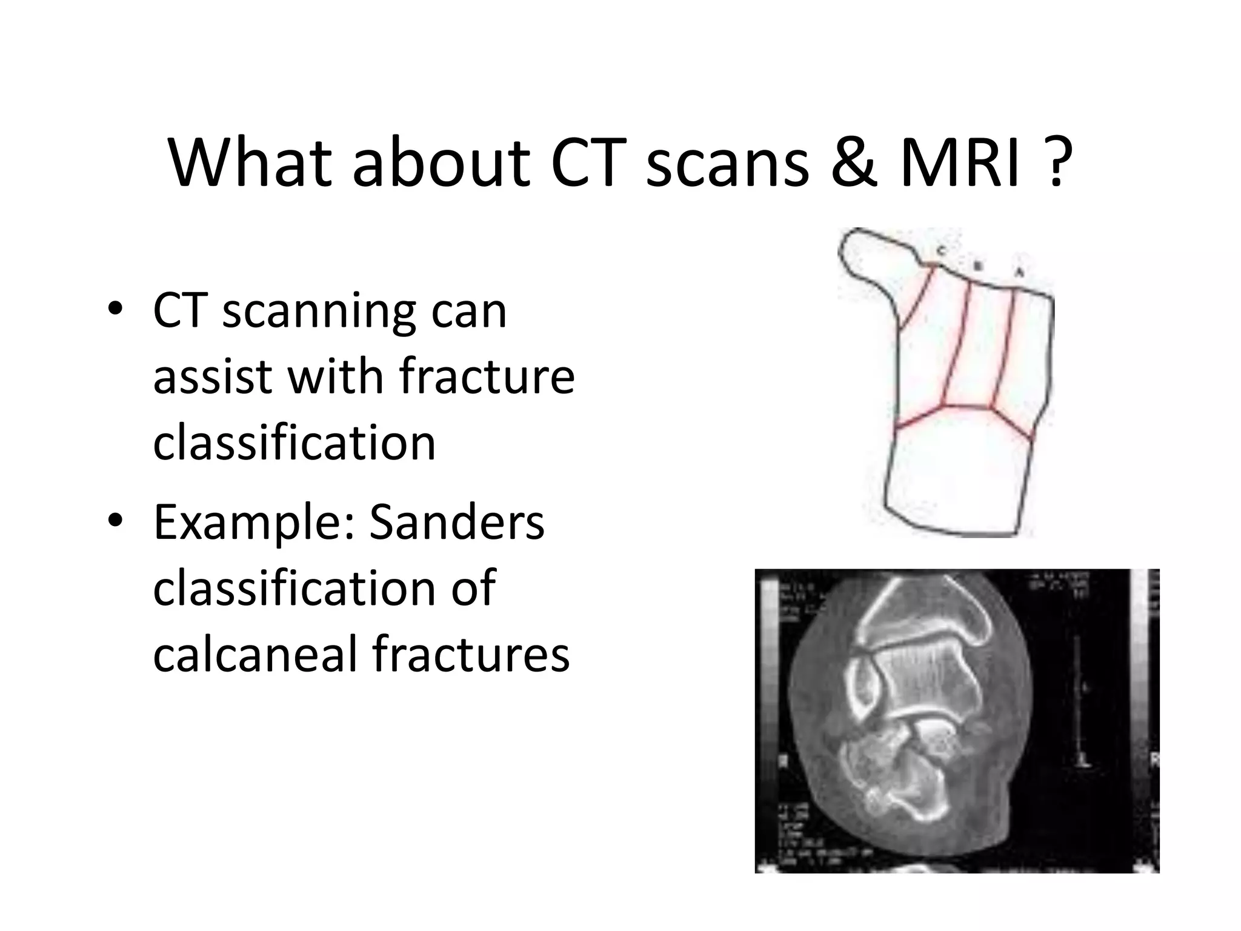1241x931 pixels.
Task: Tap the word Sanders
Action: (x=457, y=522)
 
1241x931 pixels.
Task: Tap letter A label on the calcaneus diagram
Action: (x=1019, y=273)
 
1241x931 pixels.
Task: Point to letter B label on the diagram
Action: (x=977, y=265)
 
